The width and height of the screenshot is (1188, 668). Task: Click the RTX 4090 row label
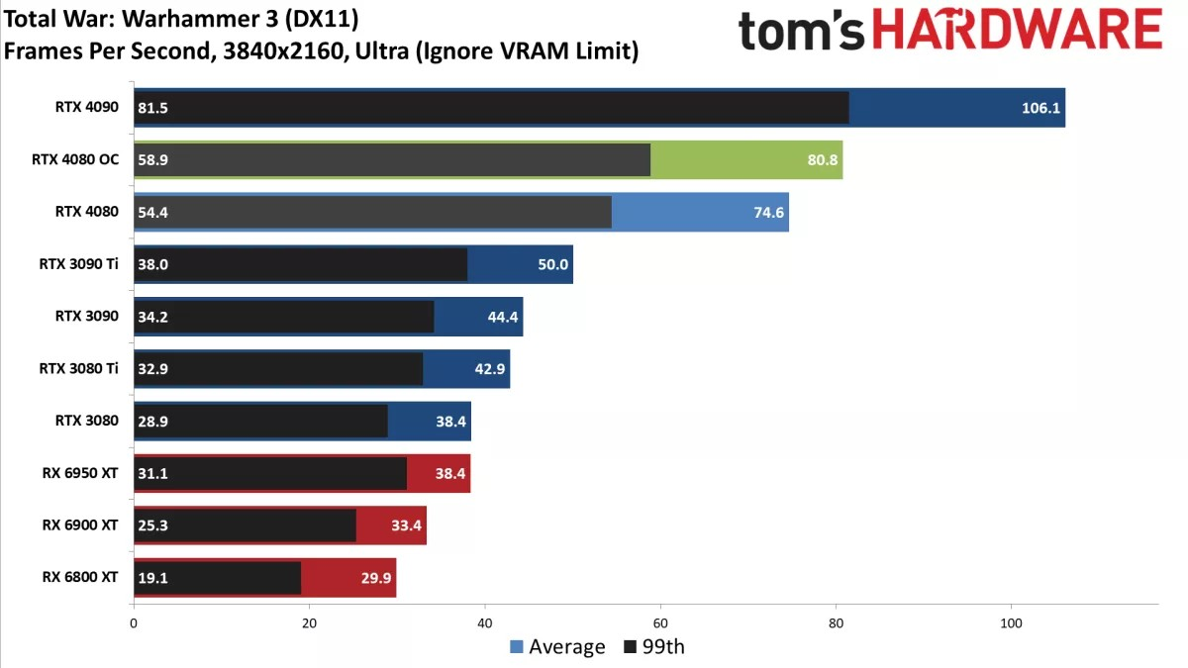coord(87,108)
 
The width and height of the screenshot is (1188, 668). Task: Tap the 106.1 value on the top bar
coord(1041,108)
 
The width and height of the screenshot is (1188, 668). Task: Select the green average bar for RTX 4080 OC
coord(746,159)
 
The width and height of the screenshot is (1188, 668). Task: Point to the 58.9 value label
coord(152,159)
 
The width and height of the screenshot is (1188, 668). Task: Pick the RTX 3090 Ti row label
coord(79,263)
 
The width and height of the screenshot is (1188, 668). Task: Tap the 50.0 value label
coord(550,263)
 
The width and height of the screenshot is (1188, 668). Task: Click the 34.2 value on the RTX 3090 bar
coord(152,316)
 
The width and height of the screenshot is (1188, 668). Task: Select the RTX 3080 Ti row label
coord(79,368)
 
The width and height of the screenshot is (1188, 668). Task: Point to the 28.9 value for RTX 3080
coord(152,421)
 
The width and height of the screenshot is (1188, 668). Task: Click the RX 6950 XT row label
coord(80,473)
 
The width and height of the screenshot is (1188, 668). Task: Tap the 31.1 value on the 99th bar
coord(152,473)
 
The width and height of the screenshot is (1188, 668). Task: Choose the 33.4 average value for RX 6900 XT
coord(406,525)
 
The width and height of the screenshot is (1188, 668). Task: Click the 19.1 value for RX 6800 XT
coord(152,577)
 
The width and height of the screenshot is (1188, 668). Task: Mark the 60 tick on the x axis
coord(659,623)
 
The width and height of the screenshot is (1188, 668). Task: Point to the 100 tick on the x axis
coord(1011,623)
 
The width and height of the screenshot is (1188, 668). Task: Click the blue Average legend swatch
coord(516,647)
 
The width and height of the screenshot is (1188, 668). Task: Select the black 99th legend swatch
coord(631,647)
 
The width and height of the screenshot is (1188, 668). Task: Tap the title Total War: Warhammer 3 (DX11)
coord(180,19)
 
